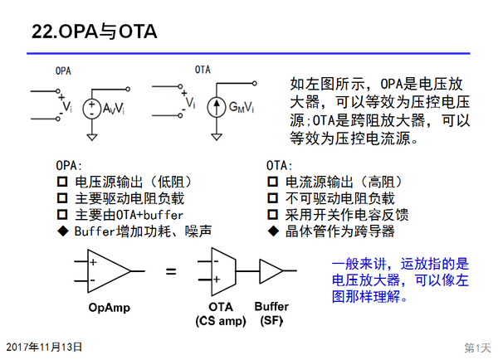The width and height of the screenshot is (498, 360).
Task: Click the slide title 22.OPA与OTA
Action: point(95,32)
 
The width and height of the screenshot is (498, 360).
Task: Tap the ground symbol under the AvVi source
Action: point(92,137)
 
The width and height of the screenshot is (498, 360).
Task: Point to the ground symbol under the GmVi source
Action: point(217,137)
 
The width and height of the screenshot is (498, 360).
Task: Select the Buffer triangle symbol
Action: point(271,271)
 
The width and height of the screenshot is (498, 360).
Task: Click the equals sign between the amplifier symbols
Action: point(171,271)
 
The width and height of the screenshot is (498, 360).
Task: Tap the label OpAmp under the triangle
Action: point(110,307)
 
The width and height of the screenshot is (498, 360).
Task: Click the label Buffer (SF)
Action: point(271,314)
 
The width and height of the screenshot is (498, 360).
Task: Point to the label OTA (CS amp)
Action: point(221,314)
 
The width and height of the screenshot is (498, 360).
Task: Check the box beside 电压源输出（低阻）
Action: point(62,182)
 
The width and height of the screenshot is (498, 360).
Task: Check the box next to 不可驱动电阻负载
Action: point(272,198)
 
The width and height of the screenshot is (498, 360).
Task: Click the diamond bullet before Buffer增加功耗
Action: point(63,231)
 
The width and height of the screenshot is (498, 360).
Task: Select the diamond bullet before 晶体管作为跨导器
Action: point(273,231)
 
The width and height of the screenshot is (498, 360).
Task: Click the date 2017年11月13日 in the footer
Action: point(44,347)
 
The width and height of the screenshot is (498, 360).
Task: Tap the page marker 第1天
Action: point(477,348)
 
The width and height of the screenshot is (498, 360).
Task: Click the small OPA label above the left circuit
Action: point(63,71)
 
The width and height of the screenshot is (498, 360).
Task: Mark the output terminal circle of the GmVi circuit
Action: point(255,84)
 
